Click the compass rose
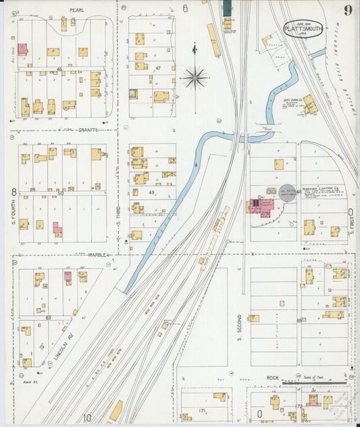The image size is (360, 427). tap(195, 78)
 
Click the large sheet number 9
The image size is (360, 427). tap(346, 10)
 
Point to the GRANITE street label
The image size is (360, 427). tap(88, 129)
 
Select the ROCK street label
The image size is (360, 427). tap(272, 378)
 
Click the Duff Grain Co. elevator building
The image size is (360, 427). tap(310, 104)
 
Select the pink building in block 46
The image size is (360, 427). tap(23, 49)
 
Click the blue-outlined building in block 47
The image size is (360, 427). tap(134, 95)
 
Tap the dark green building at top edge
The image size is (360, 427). tap(227, 7)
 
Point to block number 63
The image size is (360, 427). tap(48, 316)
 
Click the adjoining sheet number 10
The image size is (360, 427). tap(87, 418)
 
